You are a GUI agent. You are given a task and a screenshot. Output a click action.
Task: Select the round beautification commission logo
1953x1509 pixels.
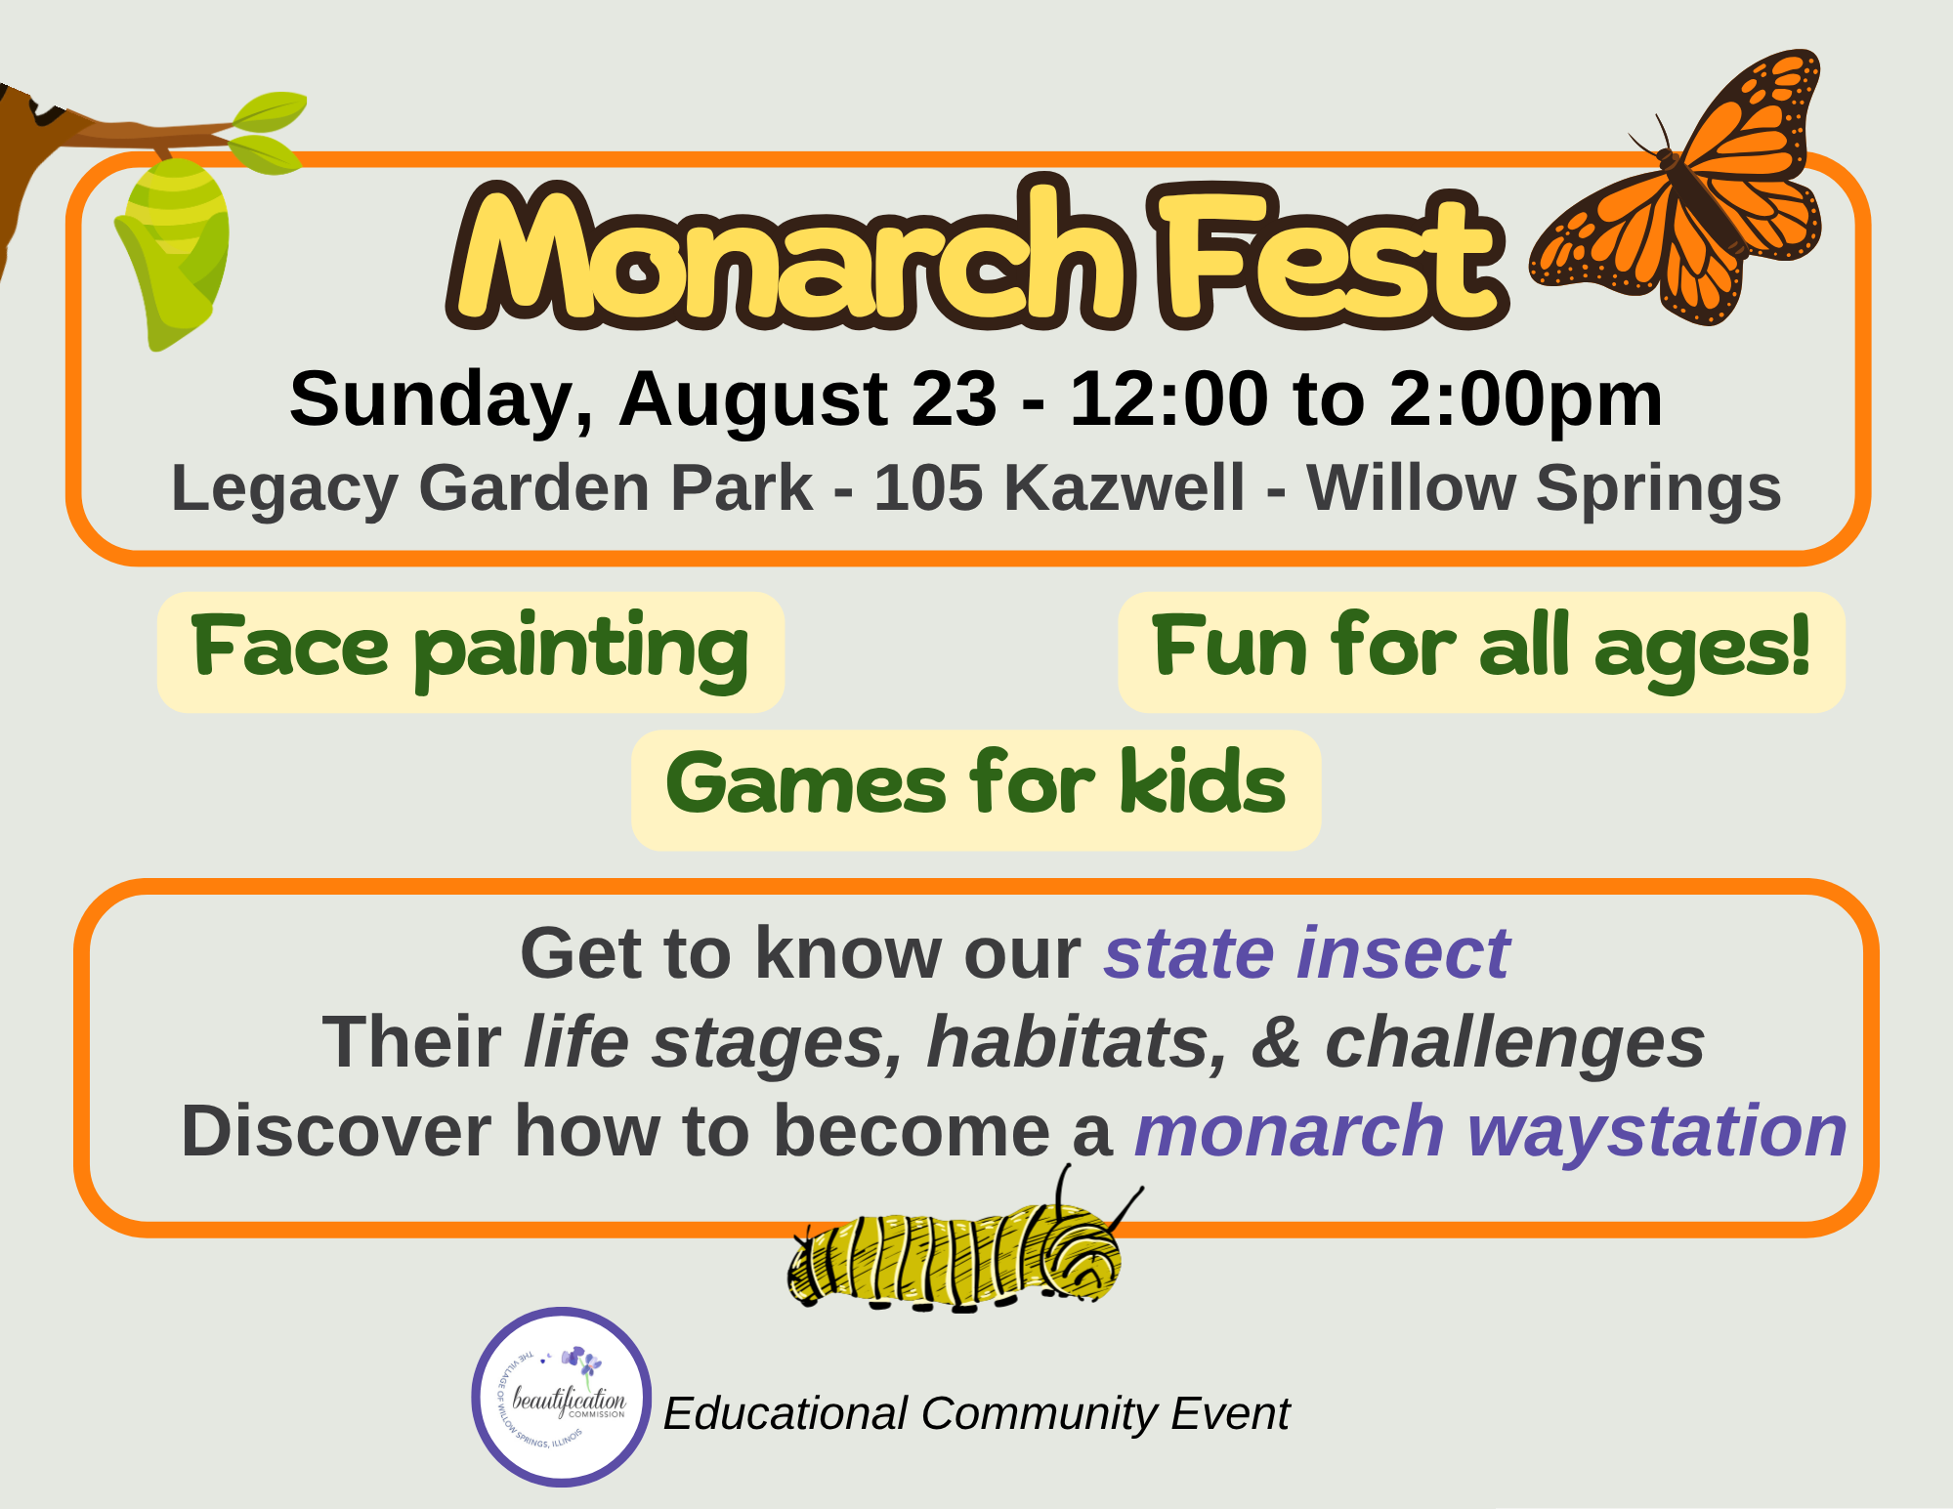[x=561, y=1397]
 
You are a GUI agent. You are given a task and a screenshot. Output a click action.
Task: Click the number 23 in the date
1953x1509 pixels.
[x=955, y=398]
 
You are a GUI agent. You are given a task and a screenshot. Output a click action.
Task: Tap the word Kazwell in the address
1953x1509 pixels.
[x=1125, y=487]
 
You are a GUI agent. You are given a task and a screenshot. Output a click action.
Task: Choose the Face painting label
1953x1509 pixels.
[x=471, y=651]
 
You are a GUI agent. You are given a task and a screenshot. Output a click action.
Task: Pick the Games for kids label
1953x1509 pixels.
[x=976, y=789]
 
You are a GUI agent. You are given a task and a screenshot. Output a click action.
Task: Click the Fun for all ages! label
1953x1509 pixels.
[x=1481, y=651]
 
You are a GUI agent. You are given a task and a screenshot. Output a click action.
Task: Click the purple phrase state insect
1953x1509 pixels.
[x=1307, y=953]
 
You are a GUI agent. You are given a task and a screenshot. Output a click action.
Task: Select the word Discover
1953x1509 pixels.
[x=336, y=1132]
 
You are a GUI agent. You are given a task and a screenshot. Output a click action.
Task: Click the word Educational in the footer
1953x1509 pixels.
[x=786, y=1413]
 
